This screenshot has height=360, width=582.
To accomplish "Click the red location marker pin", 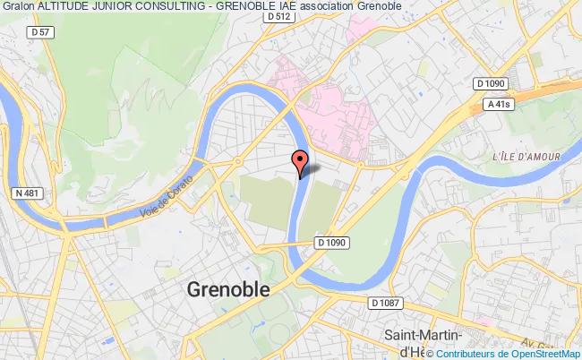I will point(301,161).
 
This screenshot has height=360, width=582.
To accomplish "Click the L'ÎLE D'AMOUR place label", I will point(526,157).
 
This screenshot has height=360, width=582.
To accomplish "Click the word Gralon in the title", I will point(18,7).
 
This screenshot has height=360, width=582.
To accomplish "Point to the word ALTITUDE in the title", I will point(68,7).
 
